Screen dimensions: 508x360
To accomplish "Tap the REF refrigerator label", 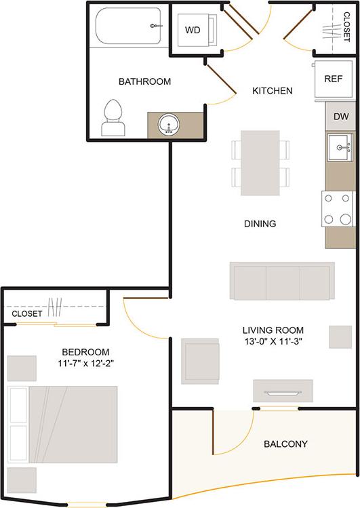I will [333, 79].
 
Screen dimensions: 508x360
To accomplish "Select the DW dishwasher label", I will [341, 116].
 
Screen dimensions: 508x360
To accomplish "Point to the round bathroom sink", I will [167, 125].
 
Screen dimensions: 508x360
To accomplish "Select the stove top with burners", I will [338, 210].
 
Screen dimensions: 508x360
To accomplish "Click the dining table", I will [260, 162].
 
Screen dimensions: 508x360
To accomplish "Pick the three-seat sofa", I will [281, 281].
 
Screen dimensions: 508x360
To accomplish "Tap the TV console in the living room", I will [283, 391].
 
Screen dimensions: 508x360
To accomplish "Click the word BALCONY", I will [285, 444].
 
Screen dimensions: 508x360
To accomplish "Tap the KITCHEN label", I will [273, 90].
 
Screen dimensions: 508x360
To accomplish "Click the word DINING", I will [260, 223].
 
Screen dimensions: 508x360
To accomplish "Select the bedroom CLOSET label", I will [28, 314].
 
